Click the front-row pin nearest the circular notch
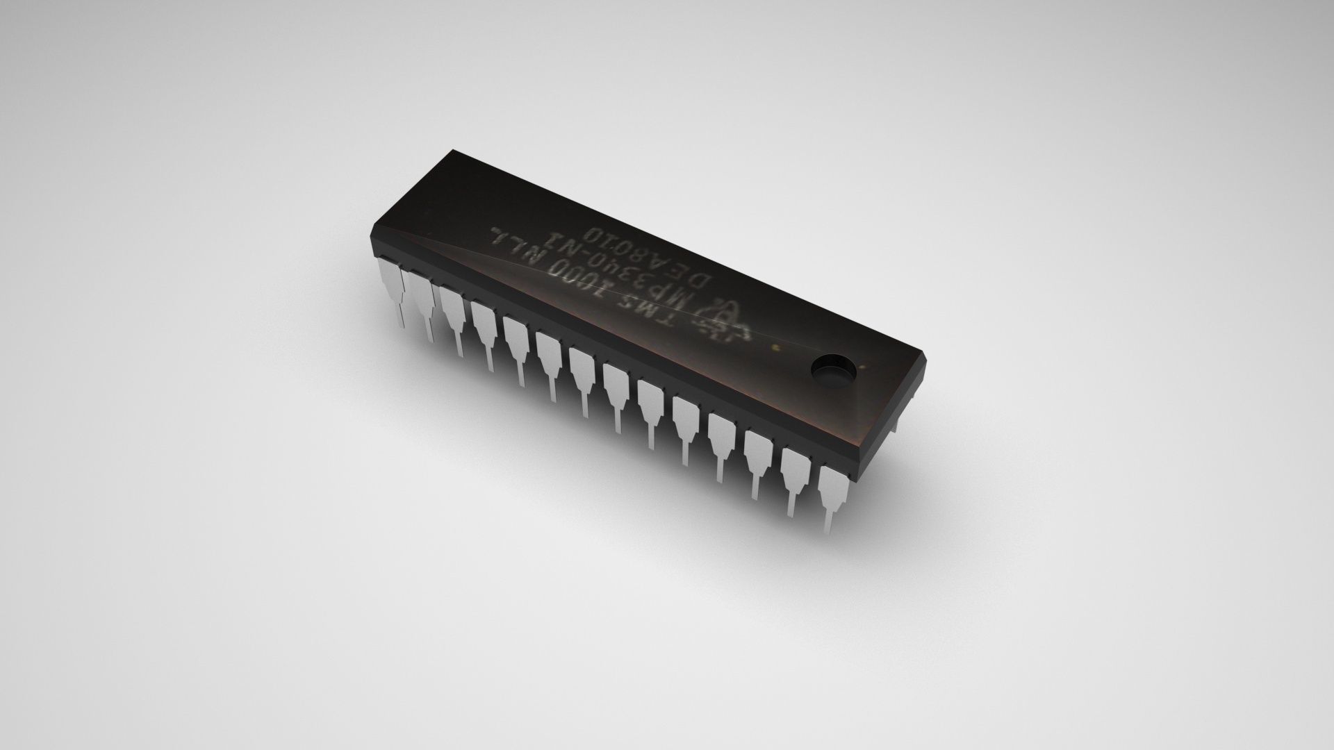point(833,490)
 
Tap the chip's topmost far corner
point(452,149)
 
